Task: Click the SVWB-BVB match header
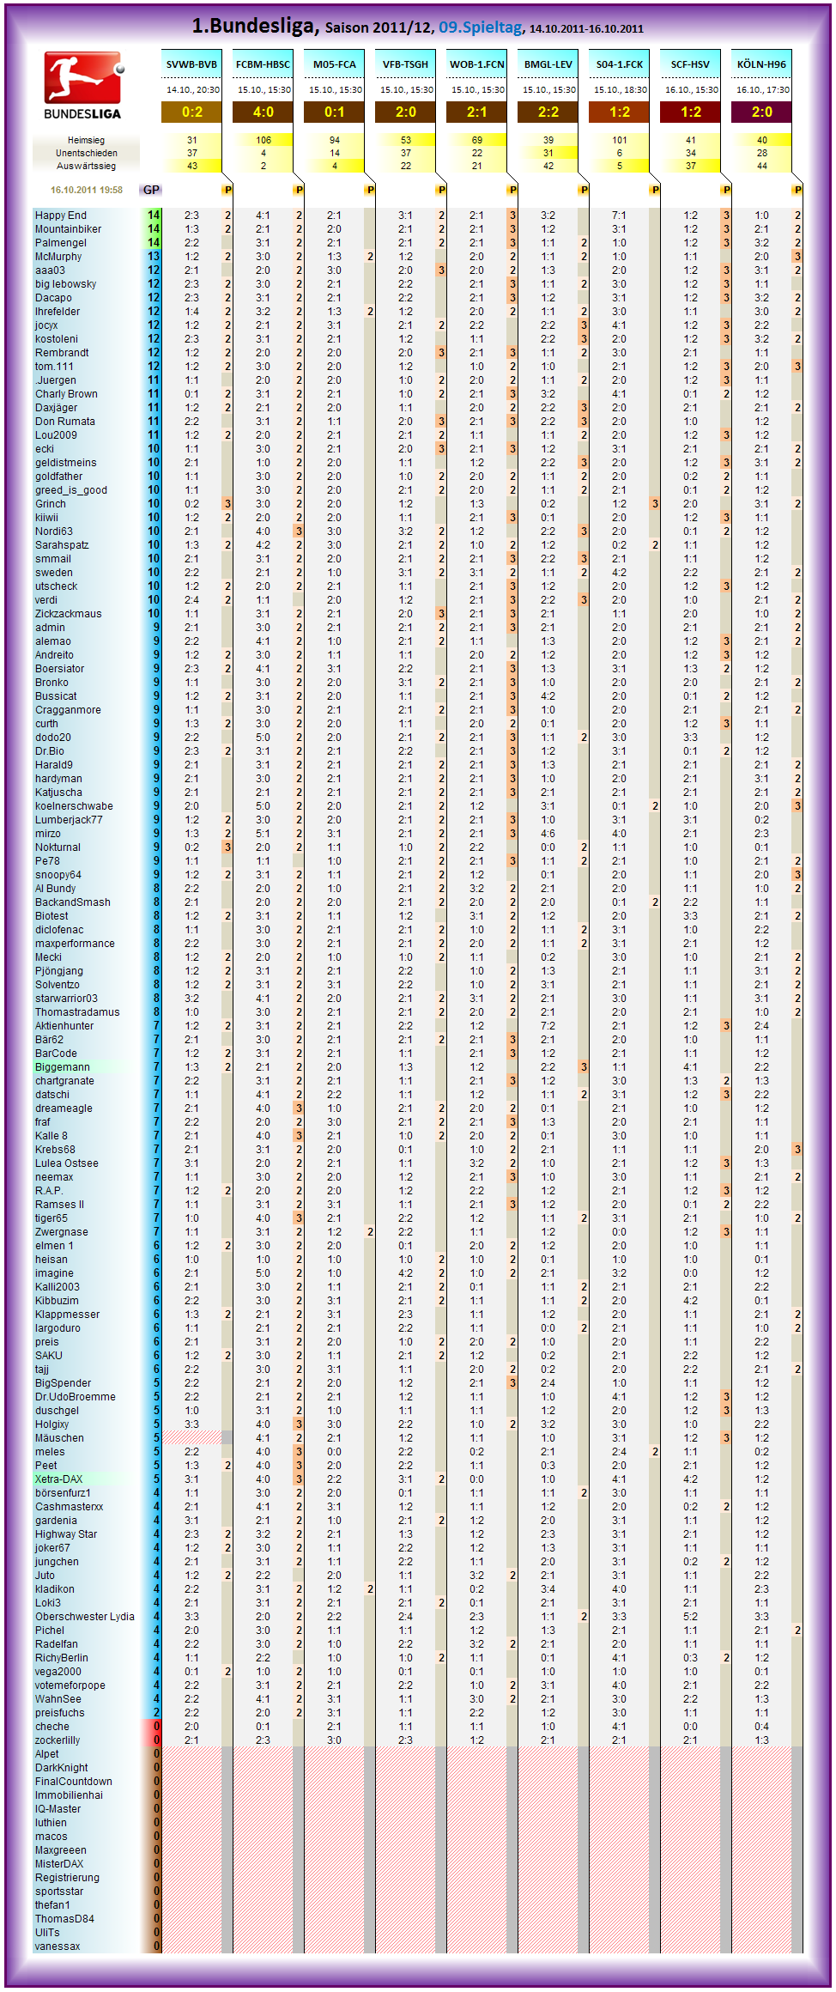[191, 64]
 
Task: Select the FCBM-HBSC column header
[263, 64]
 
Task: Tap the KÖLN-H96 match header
[761, 64]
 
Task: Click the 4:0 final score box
[263, 112]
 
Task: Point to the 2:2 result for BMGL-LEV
[548, 112]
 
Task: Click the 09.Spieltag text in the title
[480, 27]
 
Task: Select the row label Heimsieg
[86, 140]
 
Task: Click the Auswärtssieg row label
[86, 166]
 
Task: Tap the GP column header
[151, 190]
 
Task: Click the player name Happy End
[61, 216]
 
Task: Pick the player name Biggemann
[63, 1067]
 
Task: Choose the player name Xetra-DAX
[59, 1479]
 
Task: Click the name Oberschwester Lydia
[85, 1617]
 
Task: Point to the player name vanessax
[58, 1946]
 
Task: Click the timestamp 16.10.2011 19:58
[86, 190]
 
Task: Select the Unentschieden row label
[86, 153]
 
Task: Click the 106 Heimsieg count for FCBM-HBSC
[263, 140]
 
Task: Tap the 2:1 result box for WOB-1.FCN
[476, 112]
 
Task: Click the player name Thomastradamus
[77, 1012]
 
